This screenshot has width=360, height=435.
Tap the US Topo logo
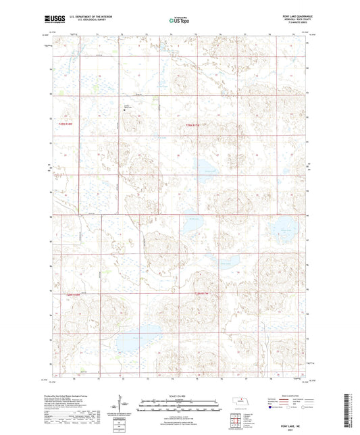(178, 21)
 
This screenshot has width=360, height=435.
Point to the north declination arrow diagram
(125, 402)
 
